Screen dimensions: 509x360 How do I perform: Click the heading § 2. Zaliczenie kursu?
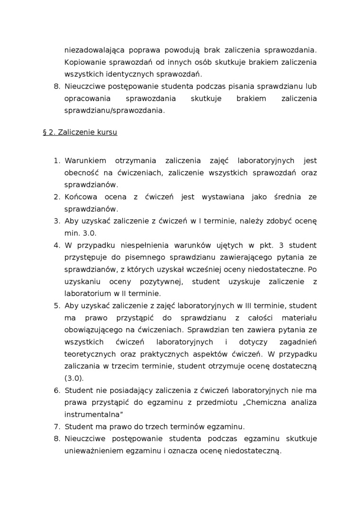[x=80, y=132]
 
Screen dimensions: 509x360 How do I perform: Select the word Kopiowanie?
[x=83, y=62]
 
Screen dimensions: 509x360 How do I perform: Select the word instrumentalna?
[x=90, y=414]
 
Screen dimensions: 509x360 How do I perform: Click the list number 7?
[x=56, y=427]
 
